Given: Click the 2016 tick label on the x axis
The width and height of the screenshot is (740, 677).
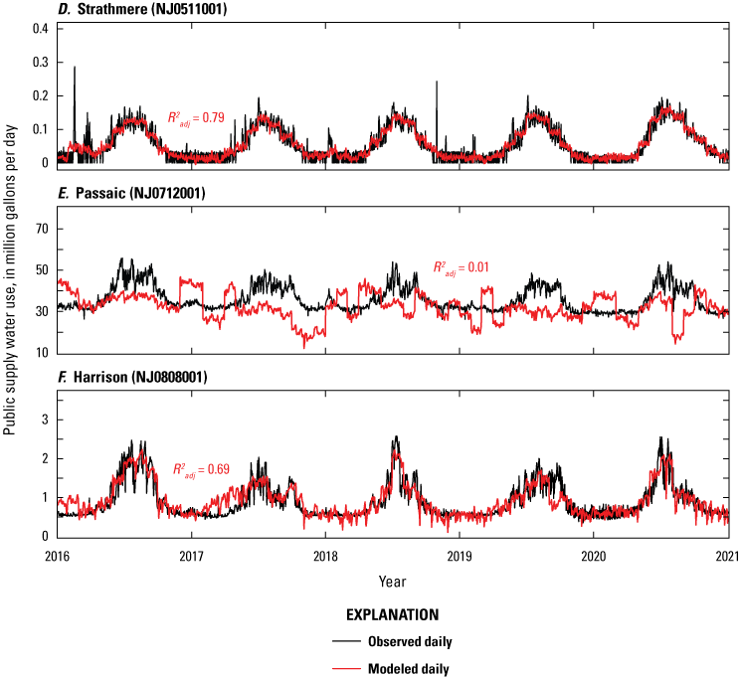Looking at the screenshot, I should (57, 555).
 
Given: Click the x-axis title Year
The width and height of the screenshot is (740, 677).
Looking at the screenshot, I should (392, 579).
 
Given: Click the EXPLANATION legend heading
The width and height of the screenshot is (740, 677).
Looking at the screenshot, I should (392, 615).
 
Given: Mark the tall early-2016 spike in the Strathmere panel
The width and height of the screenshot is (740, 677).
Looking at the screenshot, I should (75, 70).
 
